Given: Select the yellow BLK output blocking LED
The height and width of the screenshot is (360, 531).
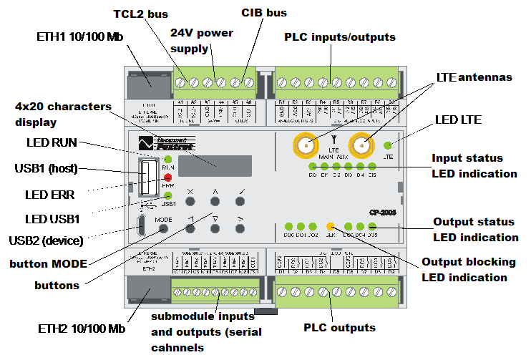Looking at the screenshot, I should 331,226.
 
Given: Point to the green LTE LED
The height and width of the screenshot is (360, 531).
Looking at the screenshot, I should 389,145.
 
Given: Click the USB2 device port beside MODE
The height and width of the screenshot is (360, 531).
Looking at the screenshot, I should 142,228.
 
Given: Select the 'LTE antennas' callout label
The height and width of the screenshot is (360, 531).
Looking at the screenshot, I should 474,77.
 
